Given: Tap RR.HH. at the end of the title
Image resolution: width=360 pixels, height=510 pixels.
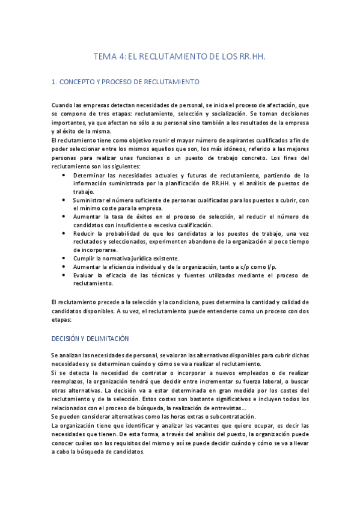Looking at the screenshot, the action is pos(252,56).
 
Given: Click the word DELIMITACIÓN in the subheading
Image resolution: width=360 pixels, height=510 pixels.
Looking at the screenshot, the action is pos(103,339).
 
